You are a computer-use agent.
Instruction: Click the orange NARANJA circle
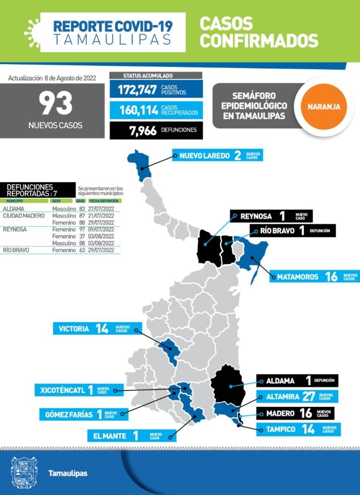click(x=324, y=106)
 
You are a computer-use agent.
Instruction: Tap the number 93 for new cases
click(x=55, y=103)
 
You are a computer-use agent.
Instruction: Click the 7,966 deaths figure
click(x=143, y=130)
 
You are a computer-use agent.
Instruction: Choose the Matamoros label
click(x=298, y=277)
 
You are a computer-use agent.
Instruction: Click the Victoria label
click(x=74, y=329)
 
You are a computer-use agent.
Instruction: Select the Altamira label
click(x=282, y=397)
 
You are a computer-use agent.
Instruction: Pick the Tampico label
click(x=281, y=429)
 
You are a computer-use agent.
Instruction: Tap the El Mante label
click(x=110, y=436)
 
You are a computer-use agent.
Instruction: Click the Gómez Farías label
click(x=67, y=414)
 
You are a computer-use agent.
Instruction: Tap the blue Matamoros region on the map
click(x=254, y=255)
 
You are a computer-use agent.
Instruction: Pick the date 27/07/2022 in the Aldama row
click(x=101, y=209)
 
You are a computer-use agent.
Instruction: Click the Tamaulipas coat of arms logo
click(x=23, y=473)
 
